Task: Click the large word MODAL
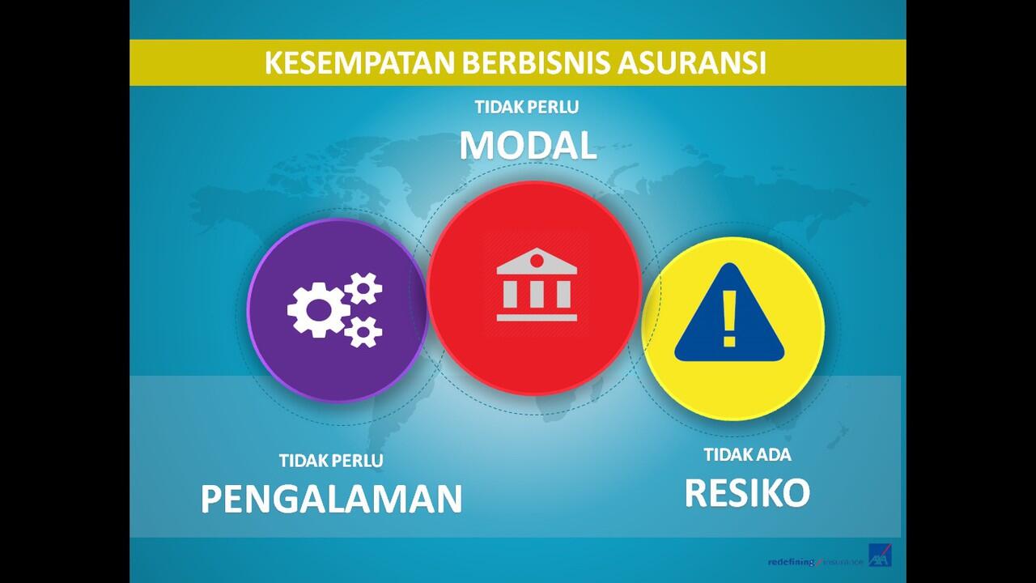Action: coord(528,146)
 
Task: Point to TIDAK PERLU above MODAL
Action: coord(527,106)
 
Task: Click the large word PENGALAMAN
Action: coord(331,499)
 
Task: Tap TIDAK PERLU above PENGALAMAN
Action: coord(331,461)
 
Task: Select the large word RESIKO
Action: coord(747,492)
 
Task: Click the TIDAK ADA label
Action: coord(747,454)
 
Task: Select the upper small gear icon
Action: coord(363,288)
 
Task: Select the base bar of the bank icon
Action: coord(537,317)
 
